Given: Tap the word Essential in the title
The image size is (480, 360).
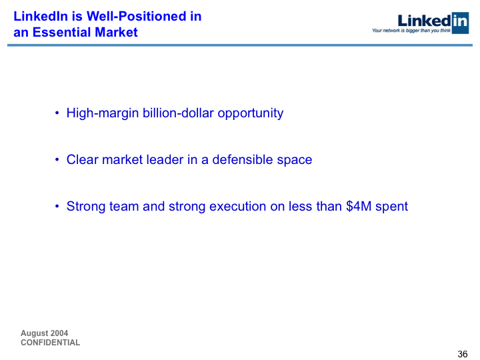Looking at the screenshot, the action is tap(61, 32).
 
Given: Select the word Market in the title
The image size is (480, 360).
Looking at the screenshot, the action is tap(116, 32).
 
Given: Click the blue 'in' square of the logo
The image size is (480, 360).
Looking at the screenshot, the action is tap(460, 23).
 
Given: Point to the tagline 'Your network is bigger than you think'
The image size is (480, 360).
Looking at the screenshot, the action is tap(411, 30).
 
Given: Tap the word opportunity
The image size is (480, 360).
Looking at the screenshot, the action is tap(251, 113).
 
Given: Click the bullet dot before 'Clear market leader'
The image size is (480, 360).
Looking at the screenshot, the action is tap(57, 159).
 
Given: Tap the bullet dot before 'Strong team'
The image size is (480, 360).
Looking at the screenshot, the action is tap(57, 206).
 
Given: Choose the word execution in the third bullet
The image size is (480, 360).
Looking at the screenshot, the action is tap(237, 206).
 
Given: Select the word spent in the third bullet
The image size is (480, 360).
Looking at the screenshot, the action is tap(391, 207).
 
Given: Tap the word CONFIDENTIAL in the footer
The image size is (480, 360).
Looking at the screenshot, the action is tap(51, 343).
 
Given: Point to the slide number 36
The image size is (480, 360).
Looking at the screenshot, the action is tap(463, 354).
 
